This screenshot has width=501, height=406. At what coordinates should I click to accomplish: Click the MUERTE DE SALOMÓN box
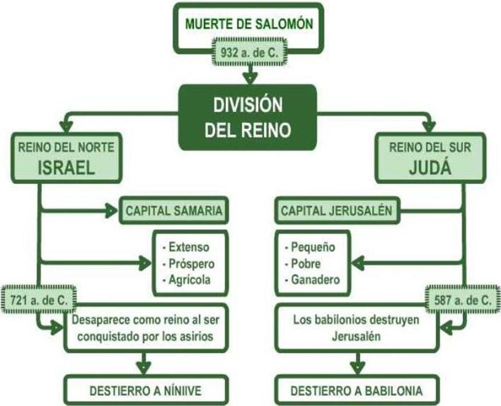pos(249,26)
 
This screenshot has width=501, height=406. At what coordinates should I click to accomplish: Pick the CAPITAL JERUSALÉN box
pos(336,210)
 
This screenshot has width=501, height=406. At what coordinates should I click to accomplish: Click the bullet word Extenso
pos(188,247)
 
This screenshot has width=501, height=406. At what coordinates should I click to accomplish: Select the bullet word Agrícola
pos(189,279)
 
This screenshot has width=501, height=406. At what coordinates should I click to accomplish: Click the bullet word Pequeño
pos(313,247)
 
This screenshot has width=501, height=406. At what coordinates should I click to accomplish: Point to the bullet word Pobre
pos(306,263)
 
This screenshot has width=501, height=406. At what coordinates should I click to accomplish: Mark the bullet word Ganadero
pos(315,279)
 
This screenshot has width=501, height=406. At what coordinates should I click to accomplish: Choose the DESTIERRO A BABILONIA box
pos(356,391)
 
